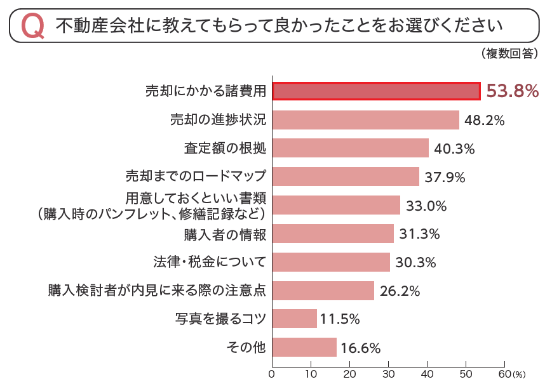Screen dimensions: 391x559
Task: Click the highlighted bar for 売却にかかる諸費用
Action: (x=376, y=91)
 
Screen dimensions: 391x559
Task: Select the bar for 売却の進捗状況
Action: (x=366, y=120)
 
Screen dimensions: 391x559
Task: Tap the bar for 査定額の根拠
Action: (x=351, y=148)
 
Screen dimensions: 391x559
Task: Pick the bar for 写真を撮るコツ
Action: (x=295, y=319)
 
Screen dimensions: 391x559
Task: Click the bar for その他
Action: (x=304, y=347)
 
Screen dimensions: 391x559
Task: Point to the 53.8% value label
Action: (x=512, y=91)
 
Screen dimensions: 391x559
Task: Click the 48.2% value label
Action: (x=485, y=120)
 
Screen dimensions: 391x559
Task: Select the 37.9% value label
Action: (x=445, y=177)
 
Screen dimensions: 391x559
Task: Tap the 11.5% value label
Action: (x=340, y=319)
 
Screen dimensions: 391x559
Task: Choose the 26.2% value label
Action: (x=400, y=291)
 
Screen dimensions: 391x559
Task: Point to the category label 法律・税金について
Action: (x=209, y=262)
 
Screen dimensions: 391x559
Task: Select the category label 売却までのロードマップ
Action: (x=196, y=176)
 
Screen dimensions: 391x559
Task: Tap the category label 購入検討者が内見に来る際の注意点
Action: (x=157, y=291)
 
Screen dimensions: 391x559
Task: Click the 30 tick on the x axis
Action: (x=389, y=374)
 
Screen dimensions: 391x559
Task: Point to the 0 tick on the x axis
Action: (x=273, y=374)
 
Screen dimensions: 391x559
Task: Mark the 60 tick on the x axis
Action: (x=504, y=374)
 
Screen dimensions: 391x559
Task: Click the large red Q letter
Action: (x=32, y=26)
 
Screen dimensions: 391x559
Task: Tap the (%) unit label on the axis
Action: (x=520, y=375)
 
